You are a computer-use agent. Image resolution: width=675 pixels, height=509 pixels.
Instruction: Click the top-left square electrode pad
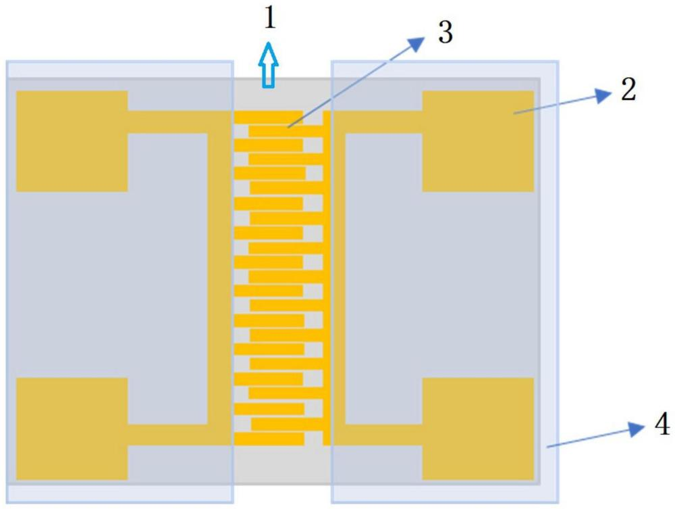click(x=72, y=141)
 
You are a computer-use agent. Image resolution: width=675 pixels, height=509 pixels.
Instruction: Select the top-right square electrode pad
click(x=478, y=141)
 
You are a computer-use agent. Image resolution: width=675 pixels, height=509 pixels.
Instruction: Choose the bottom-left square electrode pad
click(x=72, y=429)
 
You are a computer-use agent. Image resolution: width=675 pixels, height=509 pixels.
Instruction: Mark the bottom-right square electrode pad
click(x=478, y=429)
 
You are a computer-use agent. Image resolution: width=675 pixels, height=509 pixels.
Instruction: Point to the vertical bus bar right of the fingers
click(x=327, y=277)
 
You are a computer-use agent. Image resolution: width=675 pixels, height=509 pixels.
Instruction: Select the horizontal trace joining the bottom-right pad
click(x=378, y=434)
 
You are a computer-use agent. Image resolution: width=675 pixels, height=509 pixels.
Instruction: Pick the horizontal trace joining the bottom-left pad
click(x=169, y=434)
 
